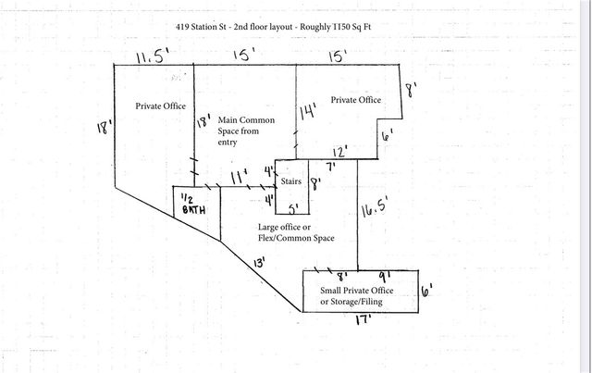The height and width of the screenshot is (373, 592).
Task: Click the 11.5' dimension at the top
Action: click(x=152, y=56)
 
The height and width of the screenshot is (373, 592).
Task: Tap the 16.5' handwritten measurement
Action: click(x=374, y=206)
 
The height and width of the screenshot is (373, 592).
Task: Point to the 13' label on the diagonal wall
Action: click(x=260, y=262)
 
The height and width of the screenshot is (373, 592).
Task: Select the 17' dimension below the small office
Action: click(x=364, y=320)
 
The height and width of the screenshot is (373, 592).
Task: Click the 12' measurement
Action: click(x=339, y=153)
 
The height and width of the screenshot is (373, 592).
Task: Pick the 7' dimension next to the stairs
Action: click(x=331, y=167)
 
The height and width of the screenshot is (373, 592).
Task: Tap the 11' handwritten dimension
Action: click(x=240, y=176)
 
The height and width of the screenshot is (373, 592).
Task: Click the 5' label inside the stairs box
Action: click(x=294, y=209)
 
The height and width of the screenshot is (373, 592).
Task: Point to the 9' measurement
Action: click(x=385, y=278)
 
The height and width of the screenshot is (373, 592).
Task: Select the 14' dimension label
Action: click(x=308, y=111)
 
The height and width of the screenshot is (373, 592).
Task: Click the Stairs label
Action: click(x=290, y=181)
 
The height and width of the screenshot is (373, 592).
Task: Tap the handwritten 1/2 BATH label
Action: click(x=193, y=205)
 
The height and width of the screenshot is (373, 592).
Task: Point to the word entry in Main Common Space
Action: click(x=228, y=143)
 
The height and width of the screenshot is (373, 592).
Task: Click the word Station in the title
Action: click(x=204, y=27)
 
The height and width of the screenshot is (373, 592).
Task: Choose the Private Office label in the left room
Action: click(x=160, y=106)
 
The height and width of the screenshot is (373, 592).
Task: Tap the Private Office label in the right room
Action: click(x=356, y=100)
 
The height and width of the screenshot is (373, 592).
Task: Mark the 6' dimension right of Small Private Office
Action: click(x=426, y=291)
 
